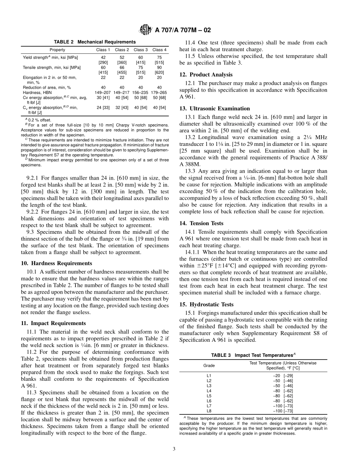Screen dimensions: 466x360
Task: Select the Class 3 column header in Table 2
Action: pos(141,50)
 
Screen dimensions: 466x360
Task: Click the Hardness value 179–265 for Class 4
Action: pos(159,92)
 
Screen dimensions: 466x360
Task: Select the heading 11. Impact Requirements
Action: pos(53,323)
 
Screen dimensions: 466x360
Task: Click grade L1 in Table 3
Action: pos(209,375)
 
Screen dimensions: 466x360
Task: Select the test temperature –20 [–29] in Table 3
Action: pos(283,375)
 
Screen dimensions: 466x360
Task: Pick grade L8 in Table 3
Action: pos(209,410)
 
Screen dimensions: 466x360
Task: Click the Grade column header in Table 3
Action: pos(209,366)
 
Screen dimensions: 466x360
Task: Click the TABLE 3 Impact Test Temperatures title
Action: pos(253,355)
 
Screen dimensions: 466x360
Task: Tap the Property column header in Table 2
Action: pos(57,50)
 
